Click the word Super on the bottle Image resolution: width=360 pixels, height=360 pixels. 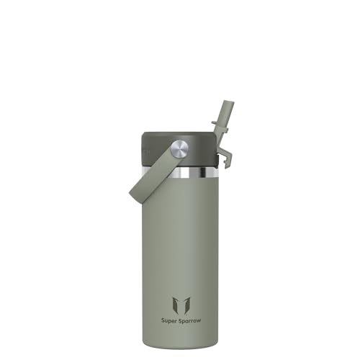point(168,321)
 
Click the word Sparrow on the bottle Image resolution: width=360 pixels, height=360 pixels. point(189,321)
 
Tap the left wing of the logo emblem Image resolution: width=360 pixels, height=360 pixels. point(176,305)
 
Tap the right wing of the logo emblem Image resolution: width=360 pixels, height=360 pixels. point(186,305)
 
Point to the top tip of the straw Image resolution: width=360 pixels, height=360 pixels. point(228,102)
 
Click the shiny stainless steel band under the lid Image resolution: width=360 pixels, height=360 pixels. point(180,173)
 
